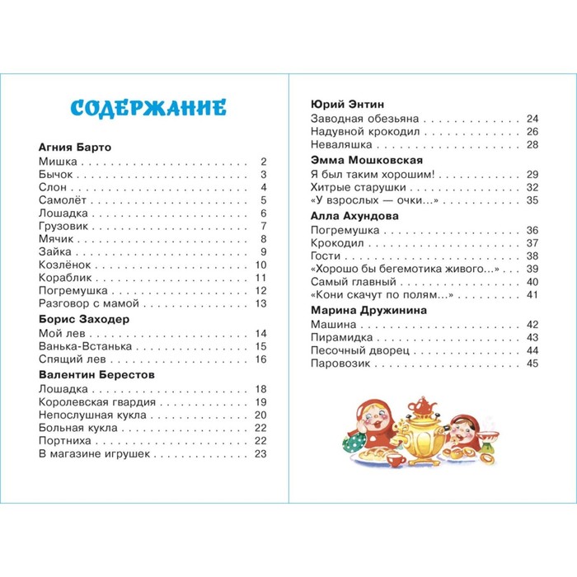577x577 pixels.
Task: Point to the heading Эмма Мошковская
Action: pos(367,160)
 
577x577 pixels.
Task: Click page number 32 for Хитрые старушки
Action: pos(532,187)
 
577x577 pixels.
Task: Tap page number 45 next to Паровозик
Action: pos(532,364)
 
